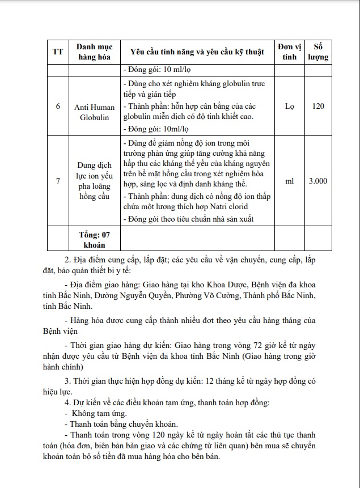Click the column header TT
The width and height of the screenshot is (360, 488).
[x=57, y=52]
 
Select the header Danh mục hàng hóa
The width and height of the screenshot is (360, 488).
[x=95, y=52]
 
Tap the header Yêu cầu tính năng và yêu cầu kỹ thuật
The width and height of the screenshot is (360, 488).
[x=197, y=52]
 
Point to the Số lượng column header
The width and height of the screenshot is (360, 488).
[x=318, y=52]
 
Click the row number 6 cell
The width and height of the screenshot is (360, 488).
[x=57, y=107]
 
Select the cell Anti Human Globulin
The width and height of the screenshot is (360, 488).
[x=95, y=112]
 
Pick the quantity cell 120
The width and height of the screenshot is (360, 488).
[x=318, y=107]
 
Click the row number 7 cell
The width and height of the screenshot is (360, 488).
[x=57, y=181]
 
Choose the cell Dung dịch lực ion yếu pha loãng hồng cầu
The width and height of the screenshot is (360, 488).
[x=95, y=181]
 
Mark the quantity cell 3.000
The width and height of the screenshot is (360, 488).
[x=318, y=181]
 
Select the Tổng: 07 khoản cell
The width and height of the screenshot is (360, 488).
[x=95, y=240]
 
